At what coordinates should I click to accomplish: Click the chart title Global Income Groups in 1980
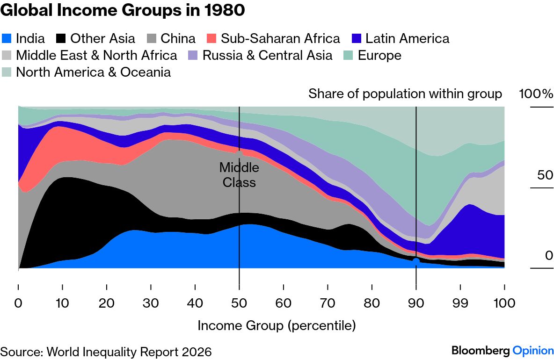coord(122,10)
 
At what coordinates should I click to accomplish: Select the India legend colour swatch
coord(7,38)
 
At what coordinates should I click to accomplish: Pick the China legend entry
coord(171,38)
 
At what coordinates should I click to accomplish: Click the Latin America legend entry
coord(401,38)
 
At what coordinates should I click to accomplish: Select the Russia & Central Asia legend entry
coord(260,55)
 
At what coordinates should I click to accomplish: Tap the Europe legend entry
coord(372,55)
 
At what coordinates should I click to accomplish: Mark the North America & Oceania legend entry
coord(86,72)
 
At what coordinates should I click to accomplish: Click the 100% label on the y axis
coord(536,94)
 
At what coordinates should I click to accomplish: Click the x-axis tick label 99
coord(460,303)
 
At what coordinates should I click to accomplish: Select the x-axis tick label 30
coord(151,303)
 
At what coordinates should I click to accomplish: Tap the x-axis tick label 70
coord(328,303)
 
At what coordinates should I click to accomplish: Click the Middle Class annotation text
coord(239,174)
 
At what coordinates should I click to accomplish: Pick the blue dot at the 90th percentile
coord(415,261)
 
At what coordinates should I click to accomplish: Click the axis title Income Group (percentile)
coord(277,325)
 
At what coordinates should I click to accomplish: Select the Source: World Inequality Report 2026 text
coord(106,352)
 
